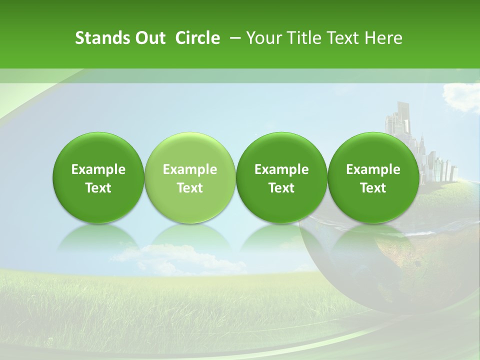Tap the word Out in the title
[149, 38]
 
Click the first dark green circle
[98, 150]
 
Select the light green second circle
[190, 150]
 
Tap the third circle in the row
[281, 150]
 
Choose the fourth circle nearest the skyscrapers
[373, 150]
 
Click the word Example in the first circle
[98, 169]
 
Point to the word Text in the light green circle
[190, 188]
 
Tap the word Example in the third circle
[281, 169]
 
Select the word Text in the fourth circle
[373, 188]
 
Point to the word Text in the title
[342, 38]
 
